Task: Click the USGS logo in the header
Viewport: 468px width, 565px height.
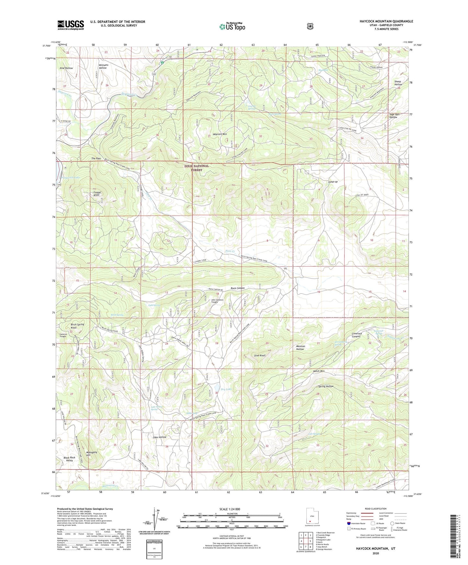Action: pos(71,25)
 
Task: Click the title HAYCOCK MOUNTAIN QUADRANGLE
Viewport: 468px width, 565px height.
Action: pos(386,21)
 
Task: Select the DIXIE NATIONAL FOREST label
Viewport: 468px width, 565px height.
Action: pos(197,168)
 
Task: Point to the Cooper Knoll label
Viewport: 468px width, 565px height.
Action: pos(95,194)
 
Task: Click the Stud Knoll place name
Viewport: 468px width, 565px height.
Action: pos(260,355)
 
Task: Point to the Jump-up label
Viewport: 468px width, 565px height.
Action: pos(333,182)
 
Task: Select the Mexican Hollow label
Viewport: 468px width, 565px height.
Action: pos(300,348)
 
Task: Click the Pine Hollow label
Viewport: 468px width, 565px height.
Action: pos(66,68)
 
